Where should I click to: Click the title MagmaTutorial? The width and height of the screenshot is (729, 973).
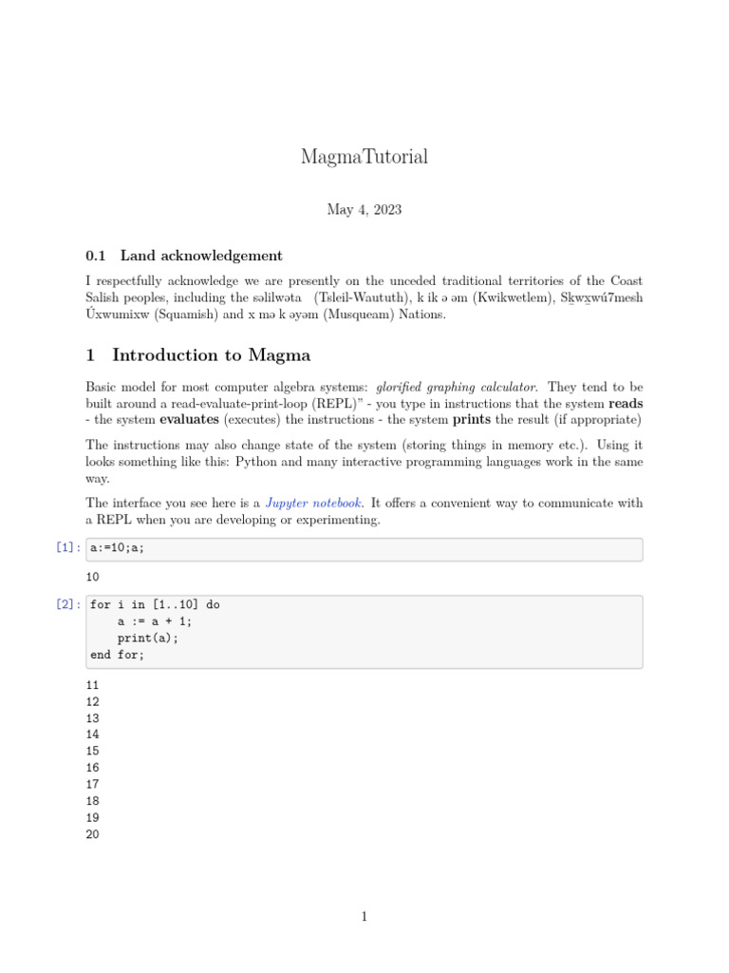(364, 157)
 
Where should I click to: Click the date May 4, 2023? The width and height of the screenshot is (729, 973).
(364, 210)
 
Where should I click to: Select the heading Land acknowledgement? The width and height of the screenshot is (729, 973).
(201, 256)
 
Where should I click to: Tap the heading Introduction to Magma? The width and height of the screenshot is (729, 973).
(211, 355)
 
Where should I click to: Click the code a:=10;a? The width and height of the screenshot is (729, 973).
(118, 549)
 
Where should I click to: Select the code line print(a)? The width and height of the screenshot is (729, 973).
(148, 639)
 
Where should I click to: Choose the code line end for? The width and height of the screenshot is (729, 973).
(118, 656)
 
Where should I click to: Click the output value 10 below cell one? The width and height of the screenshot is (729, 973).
(92, 577)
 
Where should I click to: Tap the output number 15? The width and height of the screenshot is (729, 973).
(92, 752)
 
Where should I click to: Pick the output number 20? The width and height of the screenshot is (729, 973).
(92, 834)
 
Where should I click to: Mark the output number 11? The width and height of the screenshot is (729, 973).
(92, 685)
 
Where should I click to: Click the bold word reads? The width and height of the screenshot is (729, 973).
(626, 404)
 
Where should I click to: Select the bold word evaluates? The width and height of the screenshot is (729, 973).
(188, 420)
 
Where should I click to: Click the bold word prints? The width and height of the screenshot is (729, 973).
(471, 420)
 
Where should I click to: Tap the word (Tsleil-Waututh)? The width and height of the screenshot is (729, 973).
(363, 298)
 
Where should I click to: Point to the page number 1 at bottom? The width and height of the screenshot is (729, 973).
(364, 917)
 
